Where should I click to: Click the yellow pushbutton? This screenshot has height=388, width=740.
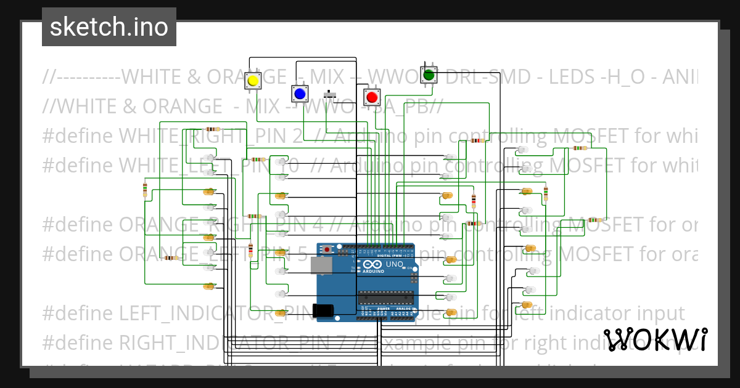tap(252, 81)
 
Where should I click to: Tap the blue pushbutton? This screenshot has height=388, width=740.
tap(300, 94)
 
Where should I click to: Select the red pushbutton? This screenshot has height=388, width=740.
tap(371, 97)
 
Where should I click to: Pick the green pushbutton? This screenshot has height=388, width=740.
tap(428, 76)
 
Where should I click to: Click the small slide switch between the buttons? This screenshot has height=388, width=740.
tap(331, 95)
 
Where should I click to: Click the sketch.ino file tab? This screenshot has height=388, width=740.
tap(109, 27)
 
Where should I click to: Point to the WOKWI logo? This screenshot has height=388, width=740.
tap(655, 339)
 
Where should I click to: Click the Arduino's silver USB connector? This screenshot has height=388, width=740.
tap(319, 265)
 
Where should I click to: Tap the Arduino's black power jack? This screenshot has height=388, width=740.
tap(323, 311)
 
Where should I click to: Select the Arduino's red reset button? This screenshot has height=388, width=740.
tap(326, 249)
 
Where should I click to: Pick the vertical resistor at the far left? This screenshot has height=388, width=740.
tap(145, 190)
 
